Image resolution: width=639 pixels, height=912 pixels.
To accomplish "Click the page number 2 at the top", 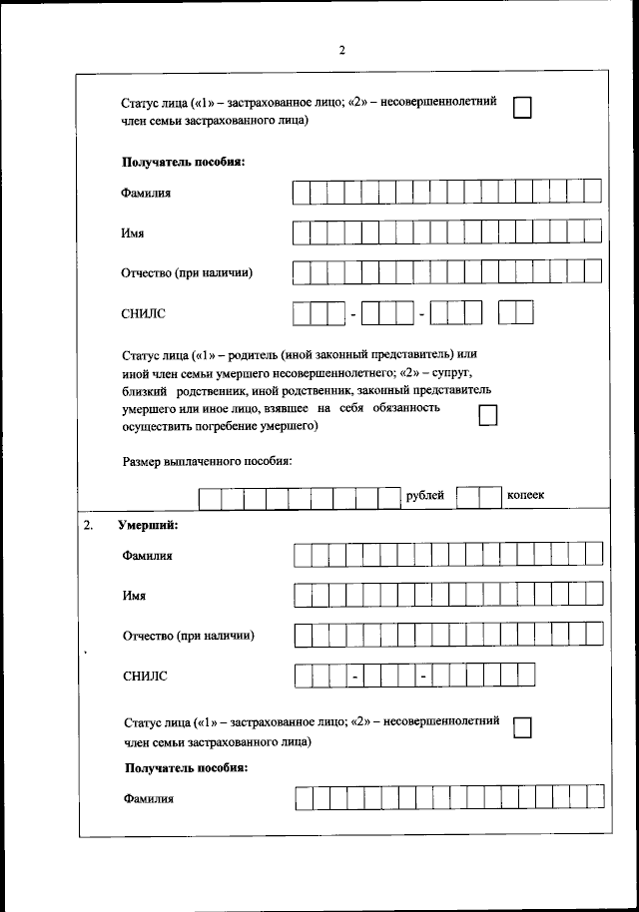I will coord(341,51).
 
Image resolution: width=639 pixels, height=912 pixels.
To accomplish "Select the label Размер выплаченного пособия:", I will coord(207,461).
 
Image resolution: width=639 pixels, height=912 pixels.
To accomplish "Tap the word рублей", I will coord(425,496).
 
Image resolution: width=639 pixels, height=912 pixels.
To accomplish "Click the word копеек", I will coord(526,496).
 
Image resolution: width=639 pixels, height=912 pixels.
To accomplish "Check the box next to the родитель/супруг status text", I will coord(488,415).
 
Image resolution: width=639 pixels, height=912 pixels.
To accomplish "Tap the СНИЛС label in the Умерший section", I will coord(145,677).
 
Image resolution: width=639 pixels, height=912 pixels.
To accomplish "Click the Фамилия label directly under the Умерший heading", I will coord(148,555).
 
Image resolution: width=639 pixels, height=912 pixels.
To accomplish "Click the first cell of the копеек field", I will coord(467,497).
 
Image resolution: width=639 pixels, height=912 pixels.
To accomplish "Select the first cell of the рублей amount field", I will coord(210,497).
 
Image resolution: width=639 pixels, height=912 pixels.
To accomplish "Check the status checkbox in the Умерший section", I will coord(521,728).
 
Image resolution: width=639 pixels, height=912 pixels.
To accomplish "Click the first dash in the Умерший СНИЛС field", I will coord(354,677).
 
